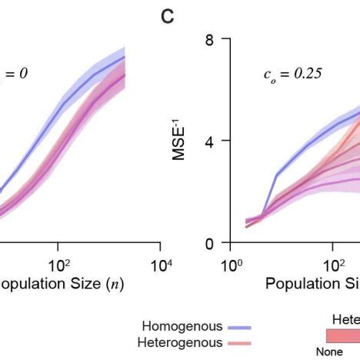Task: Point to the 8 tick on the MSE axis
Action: click(x=207, y=38)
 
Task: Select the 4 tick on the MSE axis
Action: click(x=207, y=141)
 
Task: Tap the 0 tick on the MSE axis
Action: click(x=207, y=243)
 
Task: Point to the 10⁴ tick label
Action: click(x=159, y=265)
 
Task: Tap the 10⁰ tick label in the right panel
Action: click(x=231, y=265)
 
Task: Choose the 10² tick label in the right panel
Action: click(x=332, y=265)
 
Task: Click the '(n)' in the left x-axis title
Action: click(x=113, y=283)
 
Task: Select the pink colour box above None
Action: click(x=342, y=336)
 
